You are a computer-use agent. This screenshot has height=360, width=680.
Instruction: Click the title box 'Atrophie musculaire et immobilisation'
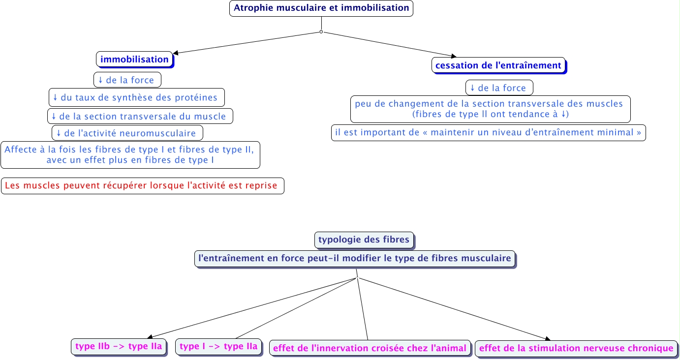pyautogui.click(x=321, y=8)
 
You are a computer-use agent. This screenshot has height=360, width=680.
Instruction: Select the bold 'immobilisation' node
pyautogui.click(x=134, y=60)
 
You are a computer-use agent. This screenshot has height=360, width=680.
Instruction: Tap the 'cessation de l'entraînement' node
pyautogui.click(x=498, y=65)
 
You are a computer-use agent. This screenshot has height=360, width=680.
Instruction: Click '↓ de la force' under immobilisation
pyautogui.click(x=127, y=80)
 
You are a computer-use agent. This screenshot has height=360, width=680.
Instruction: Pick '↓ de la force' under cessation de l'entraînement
pyautogui.click(x=499, y=88)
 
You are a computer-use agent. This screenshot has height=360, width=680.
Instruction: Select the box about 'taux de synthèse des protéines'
pyautogui.click(x=136, y=97)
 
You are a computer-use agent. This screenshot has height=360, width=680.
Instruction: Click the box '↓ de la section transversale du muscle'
pyautogui.click(x=140, y=117)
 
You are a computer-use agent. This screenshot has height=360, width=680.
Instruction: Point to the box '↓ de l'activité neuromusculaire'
pyautogui.click(x=127, y=133)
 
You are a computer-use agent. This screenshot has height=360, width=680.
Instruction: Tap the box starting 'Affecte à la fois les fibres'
pyautogui.click(x=130, y=155)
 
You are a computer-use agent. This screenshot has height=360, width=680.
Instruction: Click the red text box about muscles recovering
pyautogui.click(x=142, y=186)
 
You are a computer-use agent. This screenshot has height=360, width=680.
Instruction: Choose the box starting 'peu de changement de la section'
pyautogui.click(x=490, y=109)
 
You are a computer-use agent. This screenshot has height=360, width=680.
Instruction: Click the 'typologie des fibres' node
pyautogui.click(x=364, y=240)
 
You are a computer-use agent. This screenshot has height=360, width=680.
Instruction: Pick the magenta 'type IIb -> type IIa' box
pyautogui.click(x=119, y=347)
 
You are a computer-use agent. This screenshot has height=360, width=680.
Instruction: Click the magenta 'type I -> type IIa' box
pyautogui.click(x=218, y=347)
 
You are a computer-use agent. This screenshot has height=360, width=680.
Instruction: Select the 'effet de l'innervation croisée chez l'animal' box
pyautogui.click(x=369, y=349)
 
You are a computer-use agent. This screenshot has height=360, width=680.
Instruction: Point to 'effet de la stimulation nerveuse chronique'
pyautogui.click(x=576, y=349)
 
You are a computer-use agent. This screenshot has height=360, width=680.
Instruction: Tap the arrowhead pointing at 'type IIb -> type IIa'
pyautogui.click(x=152, y=335)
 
